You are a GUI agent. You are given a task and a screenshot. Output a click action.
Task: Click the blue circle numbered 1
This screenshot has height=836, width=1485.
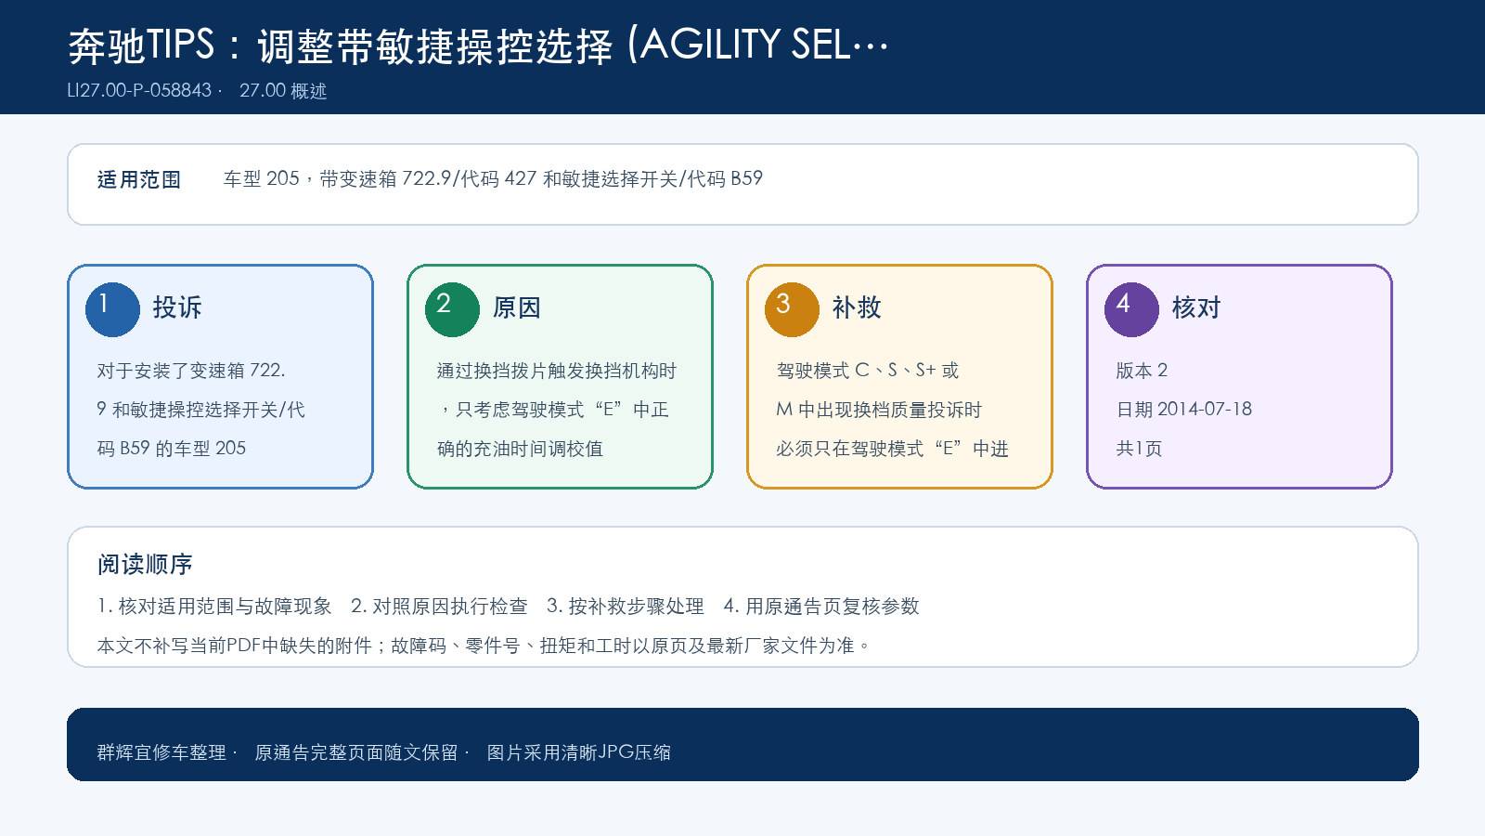[112, 310]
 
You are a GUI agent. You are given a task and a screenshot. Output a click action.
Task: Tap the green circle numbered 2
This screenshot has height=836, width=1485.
[452, 310]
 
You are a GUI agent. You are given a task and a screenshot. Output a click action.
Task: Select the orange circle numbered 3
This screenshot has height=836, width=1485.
[792, 310]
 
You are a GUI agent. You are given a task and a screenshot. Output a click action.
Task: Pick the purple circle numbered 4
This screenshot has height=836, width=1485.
[1131, 310]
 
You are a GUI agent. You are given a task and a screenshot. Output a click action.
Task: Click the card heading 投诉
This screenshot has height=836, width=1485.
[177, 307]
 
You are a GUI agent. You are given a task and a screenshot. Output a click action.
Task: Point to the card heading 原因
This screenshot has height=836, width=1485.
[516, 307]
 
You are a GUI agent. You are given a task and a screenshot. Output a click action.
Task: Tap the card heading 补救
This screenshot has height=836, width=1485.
[857, 307]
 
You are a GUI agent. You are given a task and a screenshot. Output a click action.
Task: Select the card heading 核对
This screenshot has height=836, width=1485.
[1196, 307]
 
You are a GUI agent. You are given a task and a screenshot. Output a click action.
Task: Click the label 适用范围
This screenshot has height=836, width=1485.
[139, 179]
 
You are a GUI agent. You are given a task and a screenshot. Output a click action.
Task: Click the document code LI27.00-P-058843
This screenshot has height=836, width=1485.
[139, 90]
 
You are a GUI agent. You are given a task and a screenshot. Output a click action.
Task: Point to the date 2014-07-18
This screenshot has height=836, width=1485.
[1205, 410]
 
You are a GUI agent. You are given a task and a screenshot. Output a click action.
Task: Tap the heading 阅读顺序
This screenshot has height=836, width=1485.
[145, 565]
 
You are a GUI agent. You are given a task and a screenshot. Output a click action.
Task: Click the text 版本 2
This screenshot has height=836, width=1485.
[1142, 371]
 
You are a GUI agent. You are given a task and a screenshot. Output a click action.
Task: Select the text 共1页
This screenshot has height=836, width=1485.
[1139, 449]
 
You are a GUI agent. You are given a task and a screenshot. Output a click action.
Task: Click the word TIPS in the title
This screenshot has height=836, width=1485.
[180, 46]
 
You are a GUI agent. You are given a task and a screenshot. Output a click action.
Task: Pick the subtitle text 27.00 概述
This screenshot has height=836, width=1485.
[283, 90]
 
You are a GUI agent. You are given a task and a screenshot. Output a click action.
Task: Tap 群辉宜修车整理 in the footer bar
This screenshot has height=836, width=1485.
[161, 752]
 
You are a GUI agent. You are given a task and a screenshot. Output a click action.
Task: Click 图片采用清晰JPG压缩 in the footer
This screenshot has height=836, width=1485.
[579, 752]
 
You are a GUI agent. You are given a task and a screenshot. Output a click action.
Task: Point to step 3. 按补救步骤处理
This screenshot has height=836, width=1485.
[626, 606]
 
